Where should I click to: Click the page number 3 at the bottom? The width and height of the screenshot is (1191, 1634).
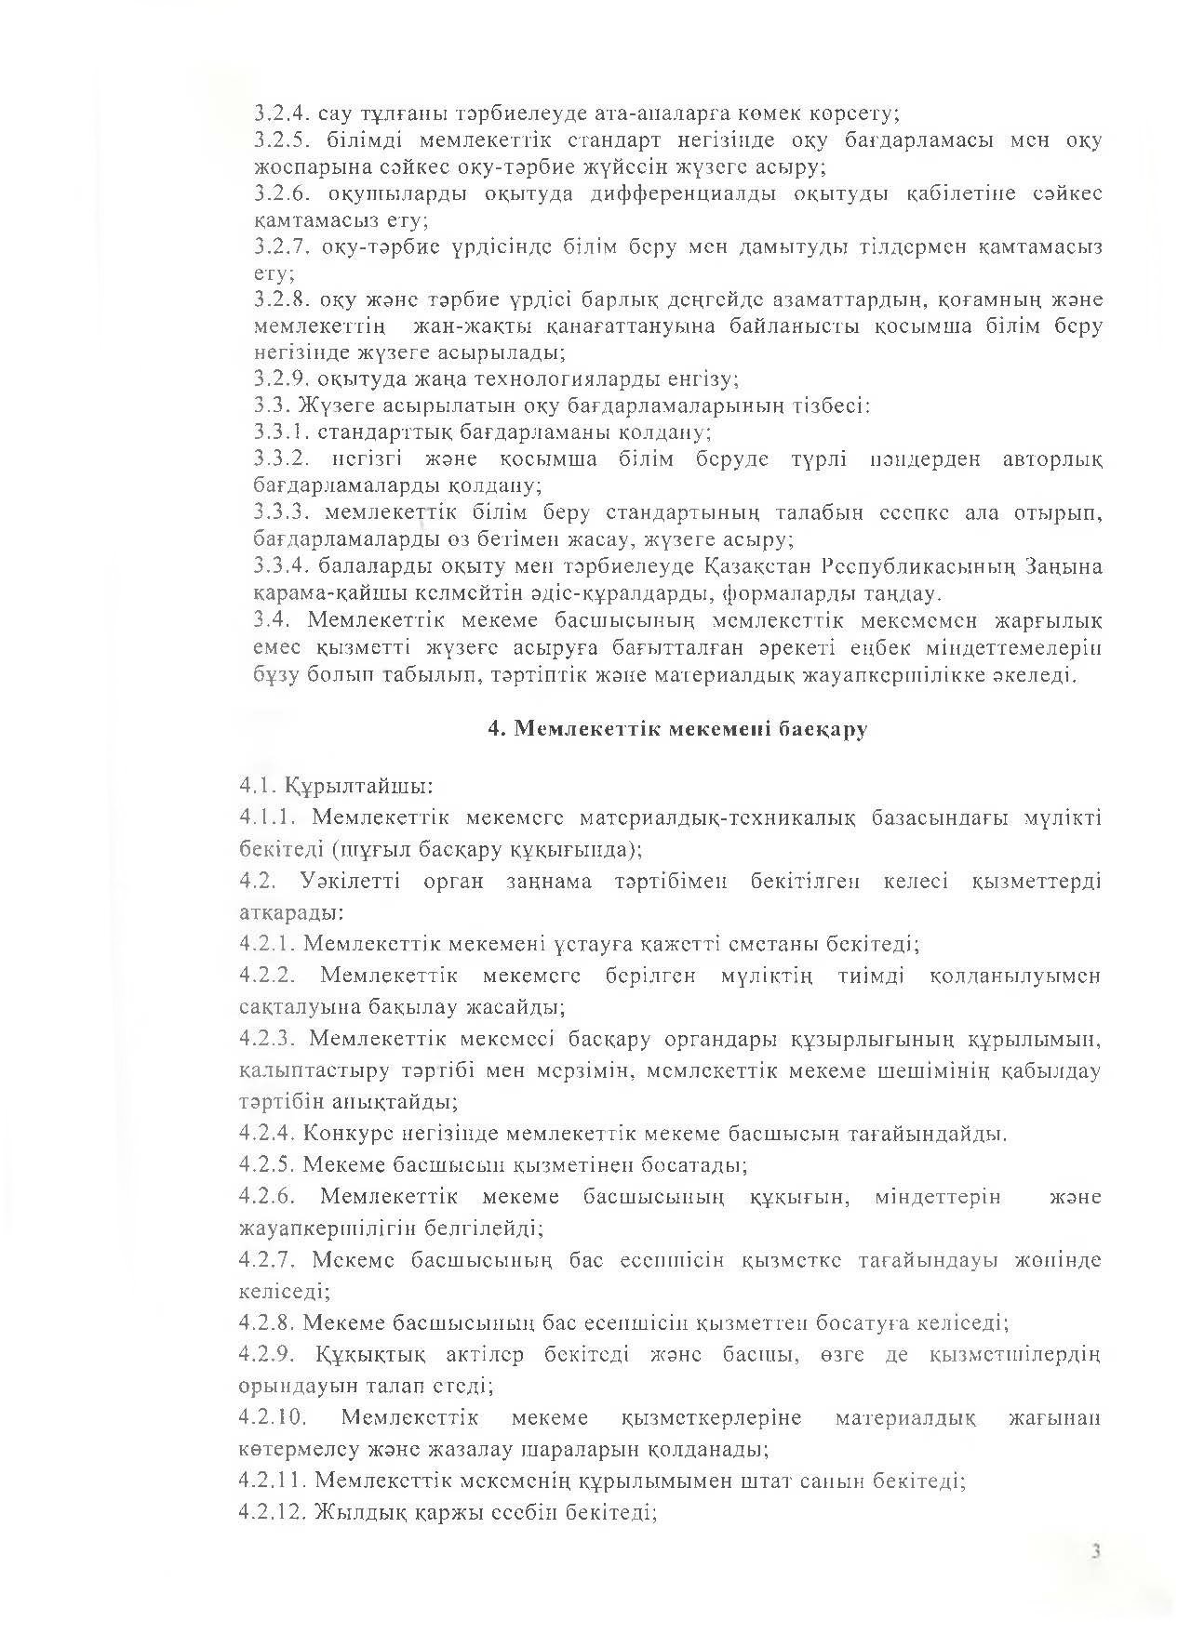point(1097,1551)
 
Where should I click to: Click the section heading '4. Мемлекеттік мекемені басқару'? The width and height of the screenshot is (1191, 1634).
point(678,729)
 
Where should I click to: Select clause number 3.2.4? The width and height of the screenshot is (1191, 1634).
point(281,114)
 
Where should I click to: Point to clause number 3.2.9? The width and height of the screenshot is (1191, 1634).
point(281,379)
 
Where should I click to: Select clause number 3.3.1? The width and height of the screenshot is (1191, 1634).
point(281,432)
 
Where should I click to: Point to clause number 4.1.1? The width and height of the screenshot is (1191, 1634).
point(267,817)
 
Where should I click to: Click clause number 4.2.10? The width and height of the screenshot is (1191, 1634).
point(273,1417)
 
